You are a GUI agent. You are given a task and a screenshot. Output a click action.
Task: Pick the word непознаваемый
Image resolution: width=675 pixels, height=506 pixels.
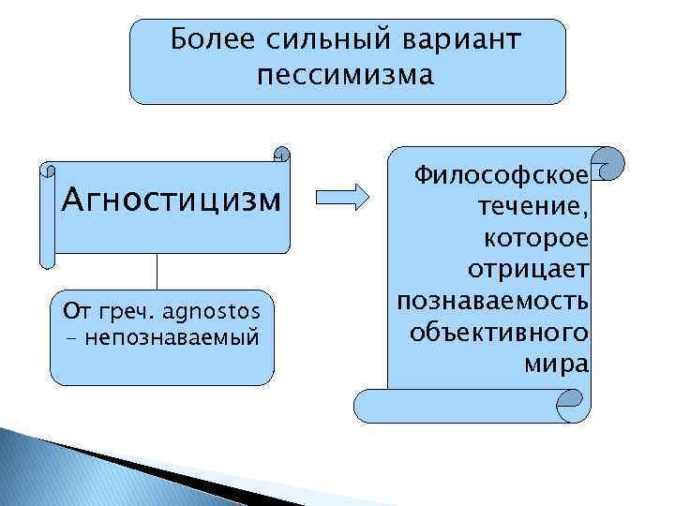click(171, 335)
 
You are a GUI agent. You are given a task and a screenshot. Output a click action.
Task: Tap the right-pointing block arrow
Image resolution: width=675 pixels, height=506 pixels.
click(342, 198)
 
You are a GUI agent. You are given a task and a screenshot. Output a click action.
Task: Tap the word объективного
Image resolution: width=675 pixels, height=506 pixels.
click(500, 334)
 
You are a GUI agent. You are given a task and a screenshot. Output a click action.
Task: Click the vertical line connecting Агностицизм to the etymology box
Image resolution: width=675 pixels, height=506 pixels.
click(157, 272)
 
